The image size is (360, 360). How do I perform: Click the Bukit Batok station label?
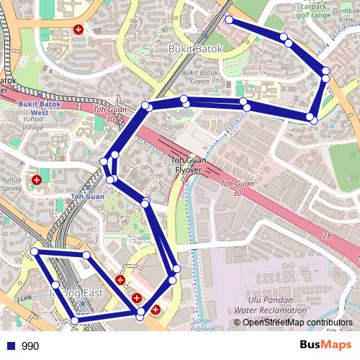195,49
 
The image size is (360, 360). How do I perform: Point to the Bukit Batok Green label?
195,77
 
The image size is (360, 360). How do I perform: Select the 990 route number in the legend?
30,346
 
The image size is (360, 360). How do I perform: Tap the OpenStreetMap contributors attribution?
297,323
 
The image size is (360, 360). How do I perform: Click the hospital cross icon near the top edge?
78,30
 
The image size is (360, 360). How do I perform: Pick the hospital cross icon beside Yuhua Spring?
36,179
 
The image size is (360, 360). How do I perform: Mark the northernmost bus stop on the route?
229,20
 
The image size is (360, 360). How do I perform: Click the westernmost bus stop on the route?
34,251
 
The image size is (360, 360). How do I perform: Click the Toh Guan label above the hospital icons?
88,196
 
